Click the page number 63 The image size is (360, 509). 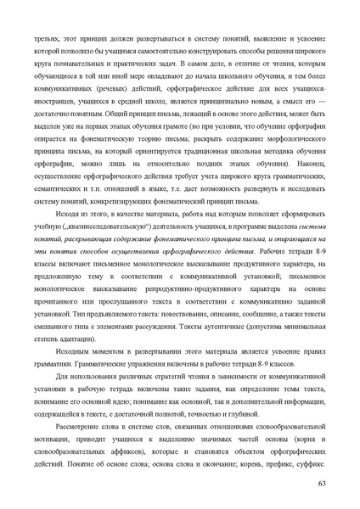coord(321,483)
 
